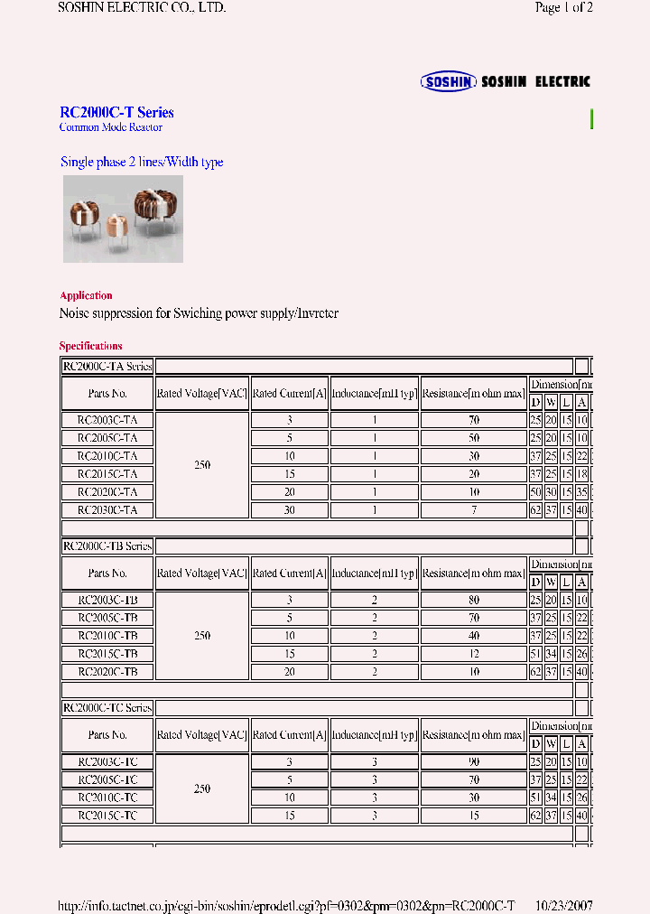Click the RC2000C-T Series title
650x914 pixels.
(116, 113)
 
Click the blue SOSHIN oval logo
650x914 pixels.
(449, 81)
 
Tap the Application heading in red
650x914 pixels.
(86, 295)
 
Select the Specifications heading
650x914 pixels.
(90, 346)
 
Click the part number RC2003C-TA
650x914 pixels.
(107, 420)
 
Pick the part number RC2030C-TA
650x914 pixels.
(107, 509)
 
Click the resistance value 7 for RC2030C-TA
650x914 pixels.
(474, 509)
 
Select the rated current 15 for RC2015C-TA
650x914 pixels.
(289, 474)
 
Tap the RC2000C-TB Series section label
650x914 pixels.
(107, 546)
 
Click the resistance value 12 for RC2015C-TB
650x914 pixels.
(474, 653)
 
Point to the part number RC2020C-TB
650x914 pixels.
(107, 671)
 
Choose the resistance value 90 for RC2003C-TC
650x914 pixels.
(474, 762)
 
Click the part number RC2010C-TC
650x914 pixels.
(107, 797)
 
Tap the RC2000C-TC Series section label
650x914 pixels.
(107, 708)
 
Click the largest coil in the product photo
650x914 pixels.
(153, 207)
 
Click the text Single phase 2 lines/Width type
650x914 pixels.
(142, 163)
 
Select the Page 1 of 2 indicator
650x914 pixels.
(563, 8)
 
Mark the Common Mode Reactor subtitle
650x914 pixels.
(110, 127)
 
